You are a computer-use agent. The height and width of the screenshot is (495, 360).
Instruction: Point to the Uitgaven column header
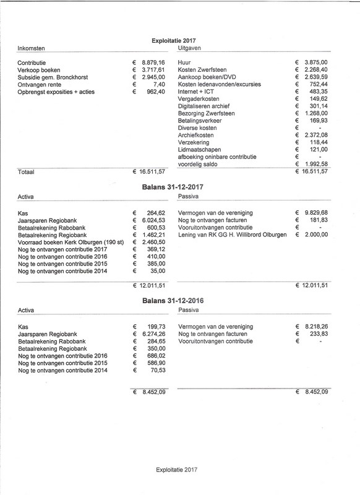pyautogui.click(x=190, y=48)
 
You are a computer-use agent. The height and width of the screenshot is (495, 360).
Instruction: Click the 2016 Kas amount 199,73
pyautogui.click(x=158, y=326)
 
